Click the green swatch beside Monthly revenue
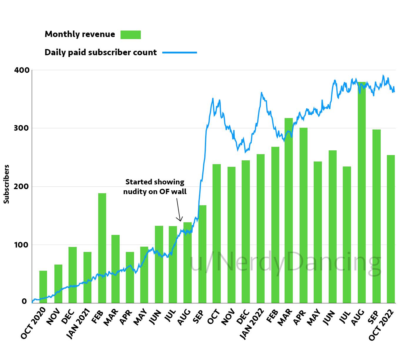coord(131,35)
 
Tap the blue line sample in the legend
coord(179,53)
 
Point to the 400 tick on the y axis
coord(22,70)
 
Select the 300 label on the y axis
coord(22,128)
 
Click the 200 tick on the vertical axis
coord(22,186)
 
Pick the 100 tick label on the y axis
coord(22,245)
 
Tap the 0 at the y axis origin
coord(24,301)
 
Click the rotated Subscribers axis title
coord(6,184)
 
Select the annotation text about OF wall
coord(155,187)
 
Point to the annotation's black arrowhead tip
coord(181,221)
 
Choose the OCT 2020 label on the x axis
coord(34,323)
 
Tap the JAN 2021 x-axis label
coord(78,323)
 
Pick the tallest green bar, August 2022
coord(362,192)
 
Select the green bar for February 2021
coord(102,248)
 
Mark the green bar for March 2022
coord(289,211)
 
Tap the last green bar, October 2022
coord(391,229)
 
